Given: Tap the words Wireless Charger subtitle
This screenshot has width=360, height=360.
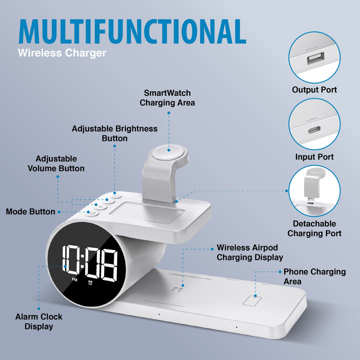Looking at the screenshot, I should (62, 52).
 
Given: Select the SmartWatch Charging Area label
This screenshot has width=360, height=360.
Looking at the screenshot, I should (167, 98).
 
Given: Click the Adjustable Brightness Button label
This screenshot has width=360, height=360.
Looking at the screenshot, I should (114, 133).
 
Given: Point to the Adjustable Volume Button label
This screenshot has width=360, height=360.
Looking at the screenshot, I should (55, 163).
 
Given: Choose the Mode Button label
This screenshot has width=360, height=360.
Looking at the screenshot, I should (30, 211).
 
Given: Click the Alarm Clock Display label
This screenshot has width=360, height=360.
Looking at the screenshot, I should (38, 321).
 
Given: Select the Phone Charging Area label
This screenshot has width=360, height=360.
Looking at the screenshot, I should (314, 276).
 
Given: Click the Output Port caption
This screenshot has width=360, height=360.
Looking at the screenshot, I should (314, 90).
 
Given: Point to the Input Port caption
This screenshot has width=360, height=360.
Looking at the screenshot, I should (314, 157).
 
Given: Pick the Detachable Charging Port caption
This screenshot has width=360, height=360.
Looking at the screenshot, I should (314, 228).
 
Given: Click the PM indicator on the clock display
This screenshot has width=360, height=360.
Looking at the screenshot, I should (74, 279).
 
